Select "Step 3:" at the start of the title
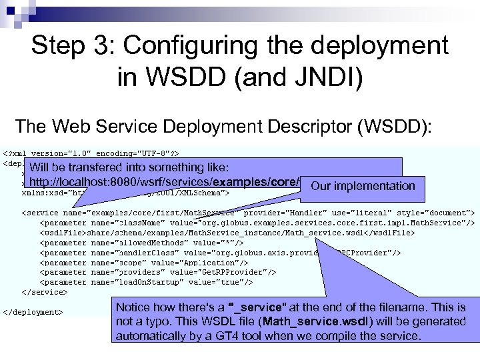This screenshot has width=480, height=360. click(x=71, y=46)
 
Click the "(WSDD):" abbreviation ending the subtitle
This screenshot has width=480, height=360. click(x=404, y=126)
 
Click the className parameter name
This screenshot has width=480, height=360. click(x=113, y=223)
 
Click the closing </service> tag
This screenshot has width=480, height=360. click(x=45, y=292)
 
